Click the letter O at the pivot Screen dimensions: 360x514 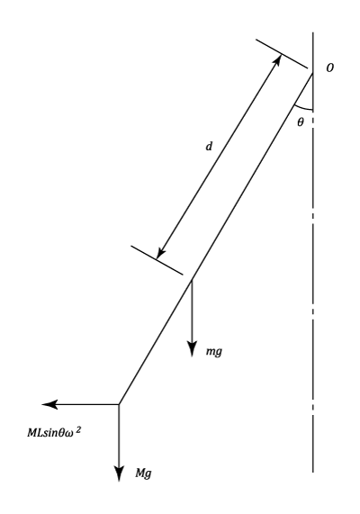click(329, 68)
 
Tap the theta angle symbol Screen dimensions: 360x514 click(301, 122)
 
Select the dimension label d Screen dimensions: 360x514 click(209, 146)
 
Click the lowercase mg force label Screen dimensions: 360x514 click(214, 352)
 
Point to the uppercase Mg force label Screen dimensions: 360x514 click(144, 473)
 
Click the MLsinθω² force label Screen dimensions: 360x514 click(54, 432)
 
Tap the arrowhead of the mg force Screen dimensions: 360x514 click(192, 349)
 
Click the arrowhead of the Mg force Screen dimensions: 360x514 click(119, 473)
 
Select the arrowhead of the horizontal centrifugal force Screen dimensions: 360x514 click(49, 404)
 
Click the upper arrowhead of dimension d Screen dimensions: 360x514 click(277, 59)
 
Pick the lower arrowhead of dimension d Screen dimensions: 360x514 click(160, 253)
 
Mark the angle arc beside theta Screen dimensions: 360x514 click(302, 108)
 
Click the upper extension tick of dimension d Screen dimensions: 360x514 click(282, 54)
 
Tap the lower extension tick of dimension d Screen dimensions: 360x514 click(157, 260)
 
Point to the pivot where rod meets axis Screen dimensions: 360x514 click(313, 74)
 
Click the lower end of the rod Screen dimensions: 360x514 click(119, 404)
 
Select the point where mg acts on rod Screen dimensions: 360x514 click(192, 279)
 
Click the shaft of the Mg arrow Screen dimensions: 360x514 click(119, 436)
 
